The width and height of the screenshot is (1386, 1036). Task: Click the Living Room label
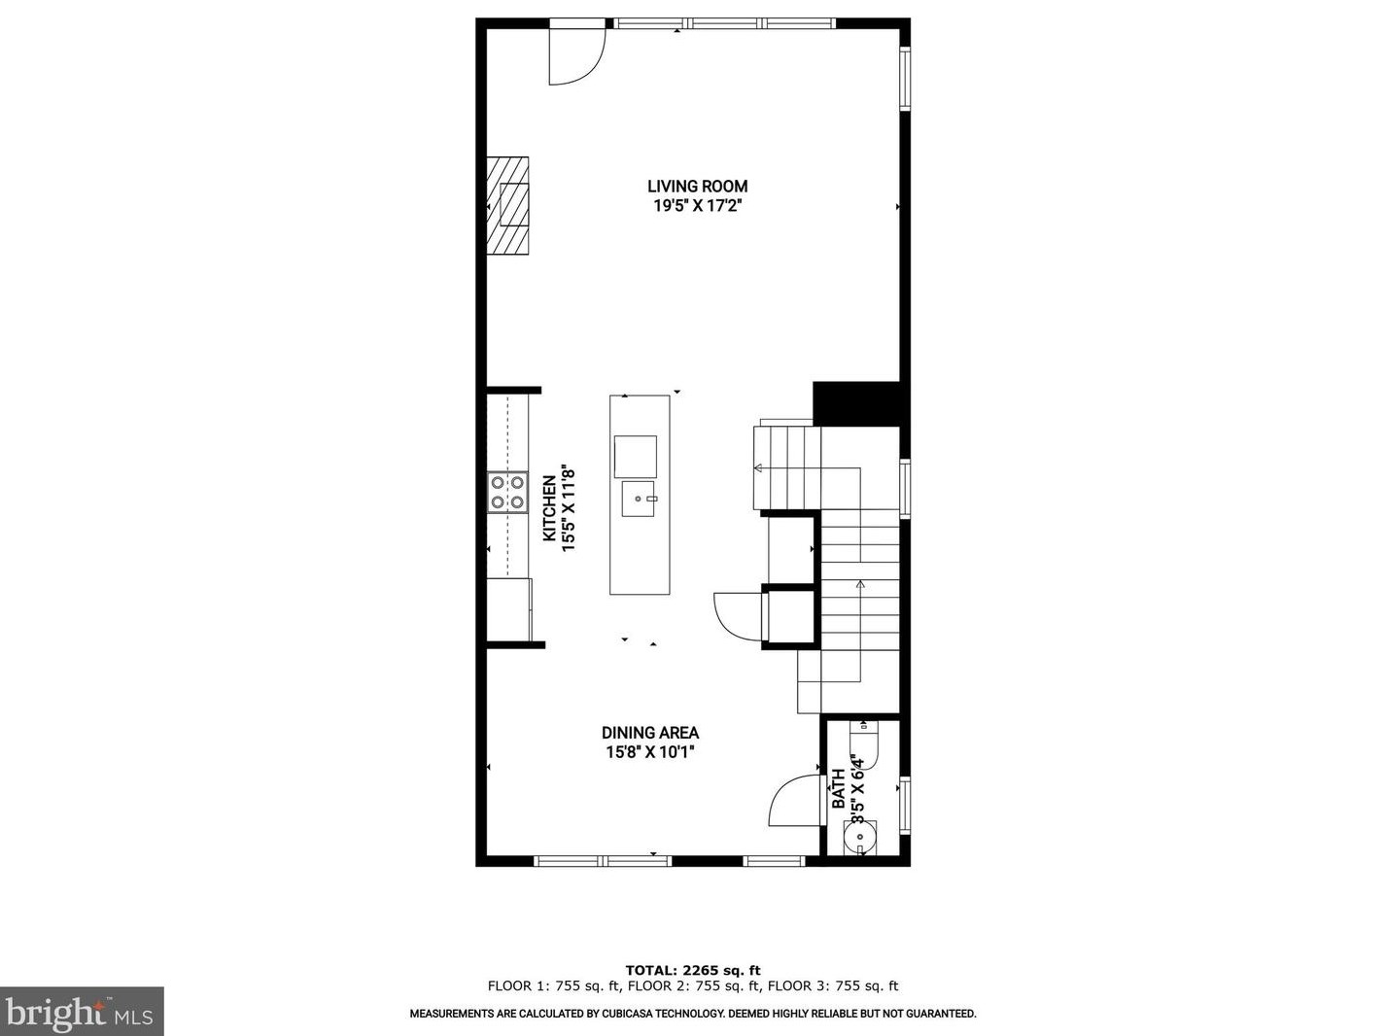pyautogui.click(x=697, y=187)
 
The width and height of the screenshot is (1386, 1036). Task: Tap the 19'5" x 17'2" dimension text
pyautogui.click(x=697, y=206)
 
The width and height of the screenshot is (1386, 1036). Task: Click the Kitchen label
pyautogui.click(x=549, y=508)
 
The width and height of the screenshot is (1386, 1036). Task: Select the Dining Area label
pyautogui.click(x=649, y=733)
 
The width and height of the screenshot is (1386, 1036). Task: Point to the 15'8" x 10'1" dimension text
pyautogui.click(x=649, y=752)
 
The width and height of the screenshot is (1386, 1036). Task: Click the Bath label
pyautogui.click(x=838, y=789)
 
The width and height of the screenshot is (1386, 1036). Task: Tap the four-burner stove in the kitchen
pyautogui.click(x=507, y=492)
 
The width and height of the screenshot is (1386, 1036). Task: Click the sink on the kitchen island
pyautogui.click(x=639, y=500)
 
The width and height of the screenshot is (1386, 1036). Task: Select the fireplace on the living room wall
pyautogui.click(x=508, y=205)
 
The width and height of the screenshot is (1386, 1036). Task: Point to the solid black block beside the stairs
pyautogui.click(x=855, y=403)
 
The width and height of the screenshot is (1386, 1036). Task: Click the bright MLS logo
pyautogui.click(x=82, y=1012)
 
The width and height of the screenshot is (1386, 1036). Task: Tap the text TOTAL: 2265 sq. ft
pyautogui.click(x=692, y=970)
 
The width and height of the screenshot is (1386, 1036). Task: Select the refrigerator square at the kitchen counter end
pyautogui.click(x=509, y=609)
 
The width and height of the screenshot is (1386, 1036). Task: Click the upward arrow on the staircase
pyautogui.click(x=859, y=586)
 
